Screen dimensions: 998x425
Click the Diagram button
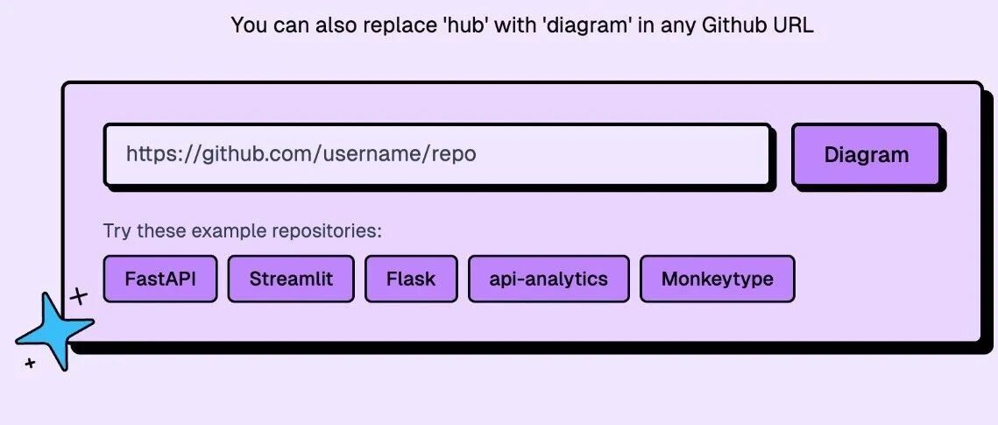coord(867,154)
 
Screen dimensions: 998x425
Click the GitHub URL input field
coord(437,154)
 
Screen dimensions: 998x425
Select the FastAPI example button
coord(160,279)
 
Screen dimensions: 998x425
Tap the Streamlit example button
coord(291,279)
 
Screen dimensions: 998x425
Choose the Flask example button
coord(411,279)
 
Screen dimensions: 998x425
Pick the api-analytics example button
coord(549,279)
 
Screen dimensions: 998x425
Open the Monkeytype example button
coord(718,279)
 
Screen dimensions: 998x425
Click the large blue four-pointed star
coord(54,331)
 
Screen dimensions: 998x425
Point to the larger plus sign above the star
coord(78,296)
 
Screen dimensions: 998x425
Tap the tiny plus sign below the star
coord(29,364)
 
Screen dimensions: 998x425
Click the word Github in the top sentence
coord(727,26)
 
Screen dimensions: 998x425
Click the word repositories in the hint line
coord(327,231)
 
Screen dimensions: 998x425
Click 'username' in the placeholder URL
coord(365,154)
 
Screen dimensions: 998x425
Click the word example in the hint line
coord(230,231)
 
